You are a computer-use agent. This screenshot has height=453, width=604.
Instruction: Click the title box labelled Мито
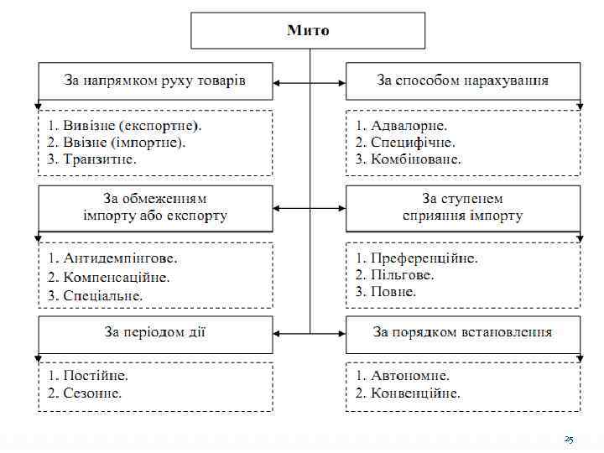point(308,31)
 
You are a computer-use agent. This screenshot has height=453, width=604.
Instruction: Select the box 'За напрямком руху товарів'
point(155,81)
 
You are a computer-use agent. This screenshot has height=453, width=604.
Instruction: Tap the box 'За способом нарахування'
point(462,81)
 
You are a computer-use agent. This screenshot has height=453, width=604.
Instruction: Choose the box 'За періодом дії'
point(155,332)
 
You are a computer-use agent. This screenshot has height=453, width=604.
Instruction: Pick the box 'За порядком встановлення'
point(462,332)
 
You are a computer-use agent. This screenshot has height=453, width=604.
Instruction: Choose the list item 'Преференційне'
point(416,258)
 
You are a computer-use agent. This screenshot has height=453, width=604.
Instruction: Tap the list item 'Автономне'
point(402,375)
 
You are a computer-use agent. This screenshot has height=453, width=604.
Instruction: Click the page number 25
point(569,440)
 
